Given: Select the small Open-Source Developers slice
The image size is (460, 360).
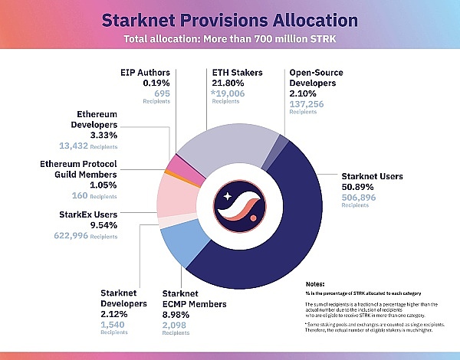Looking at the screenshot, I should point(281,142).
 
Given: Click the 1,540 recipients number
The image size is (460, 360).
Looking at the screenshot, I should point(113,325).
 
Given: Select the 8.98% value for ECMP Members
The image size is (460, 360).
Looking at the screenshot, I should point(179,314).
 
